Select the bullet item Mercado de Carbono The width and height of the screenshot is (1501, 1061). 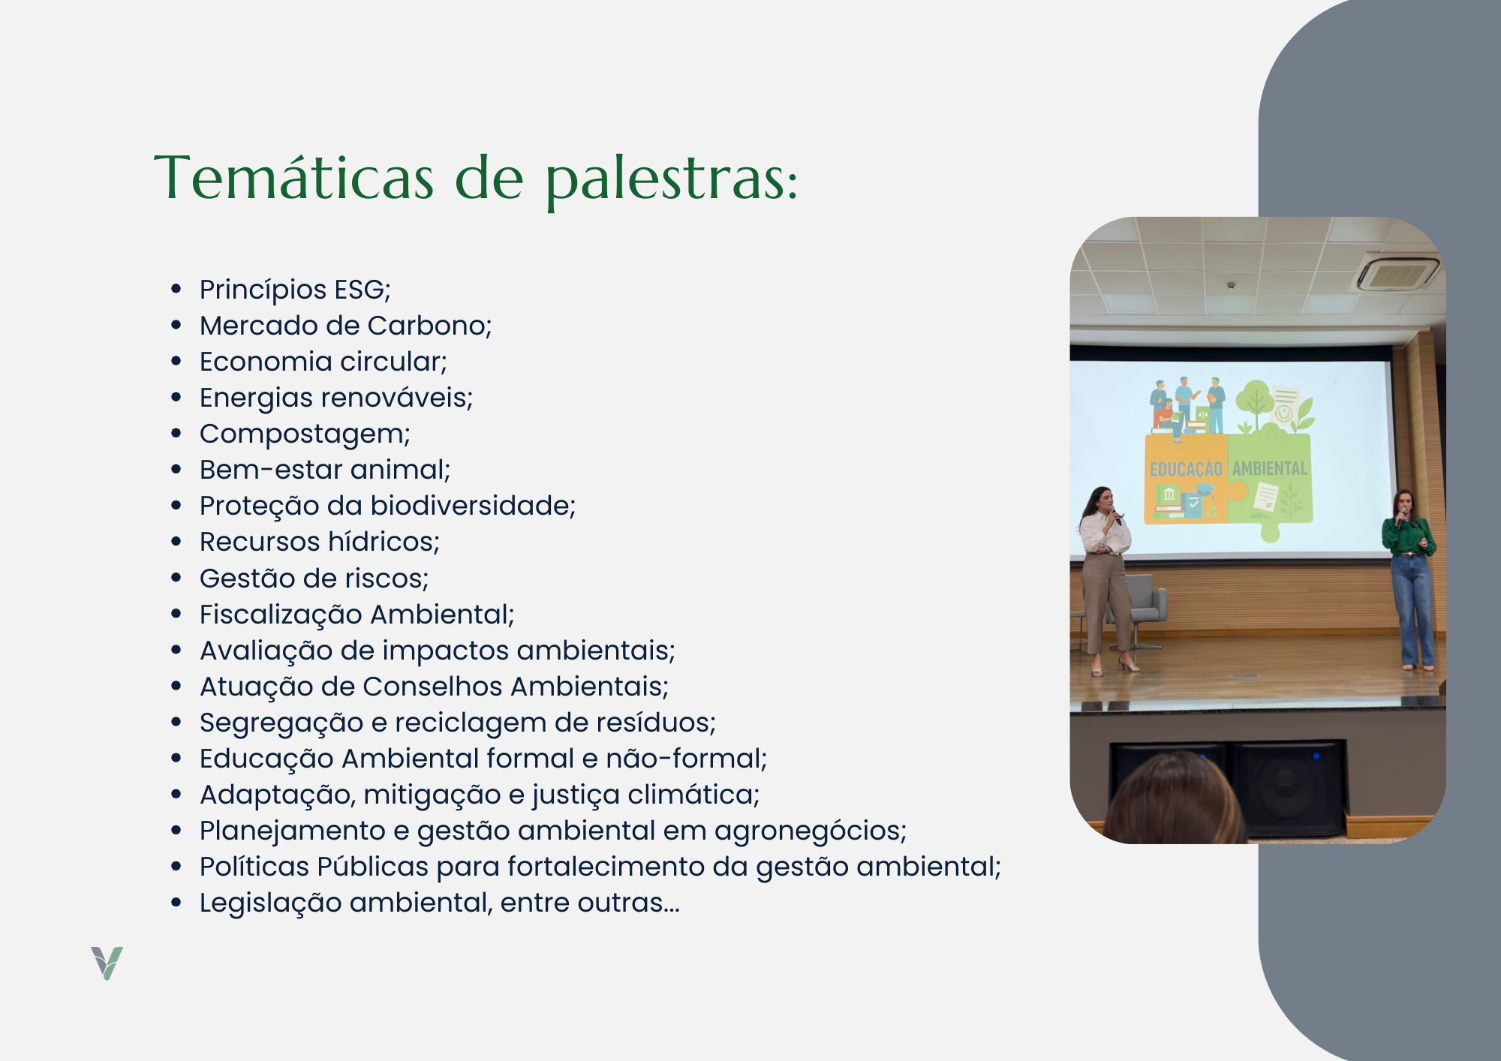(345, 326)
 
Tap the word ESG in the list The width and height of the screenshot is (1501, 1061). (362, 290)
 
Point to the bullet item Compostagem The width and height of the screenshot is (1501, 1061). (305, 434)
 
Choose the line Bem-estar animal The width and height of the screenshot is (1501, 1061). (325, 470)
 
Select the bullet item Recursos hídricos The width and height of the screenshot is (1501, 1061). (320, 542)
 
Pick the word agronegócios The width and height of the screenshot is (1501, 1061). (811, 831)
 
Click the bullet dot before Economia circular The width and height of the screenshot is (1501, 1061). (176, 362)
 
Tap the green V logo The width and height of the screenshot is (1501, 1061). (107, 963)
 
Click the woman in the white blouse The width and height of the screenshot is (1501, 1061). (1106, 579)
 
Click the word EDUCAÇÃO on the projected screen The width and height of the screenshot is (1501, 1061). (1186, 469)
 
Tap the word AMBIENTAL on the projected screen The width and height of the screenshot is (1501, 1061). (1270, 468)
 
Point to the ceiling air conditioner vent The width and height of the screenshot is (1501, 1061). (1397, 273)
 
